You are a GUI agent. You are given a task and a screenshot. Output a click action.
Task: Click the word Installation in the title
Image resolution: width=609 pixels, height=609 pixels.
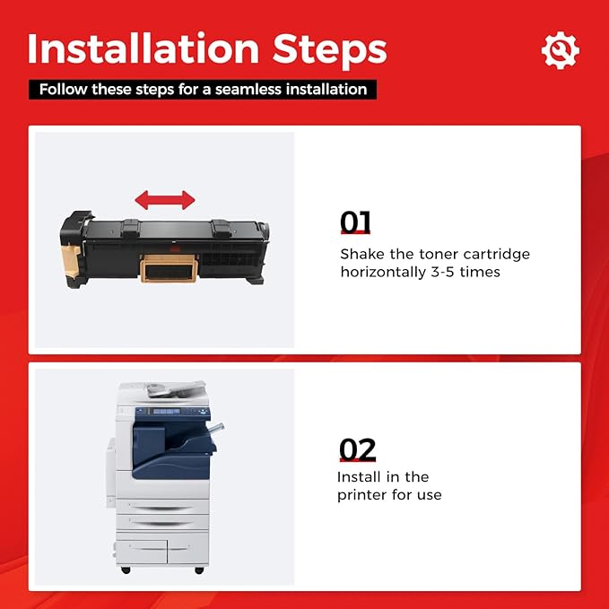[x=144, y=48]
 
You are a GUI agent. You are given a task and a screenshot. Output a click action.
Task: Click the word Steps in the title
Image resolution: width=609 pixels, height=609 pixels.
[x=330, y=51]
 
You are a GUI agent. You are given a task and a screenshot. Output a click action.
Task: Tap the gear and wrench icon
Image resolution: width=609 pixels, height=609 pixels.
[x=561, y=50]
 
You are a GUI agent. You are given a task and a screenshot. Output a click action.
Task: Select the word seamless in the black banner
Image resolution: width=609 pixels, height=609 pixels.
[x=248, y=90]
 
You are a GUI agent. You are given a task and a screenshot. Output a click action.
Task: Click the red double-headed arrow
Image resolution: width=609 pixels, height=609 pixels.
[x=165, y=200]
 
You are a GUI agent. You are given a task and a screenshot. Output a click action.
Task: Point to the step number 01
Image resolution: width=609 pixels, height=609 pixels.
[x=355, y=222]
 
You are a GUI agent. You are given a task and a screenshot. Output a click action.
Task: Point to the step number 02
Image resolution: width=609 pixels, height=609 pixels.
[x=358, y=449]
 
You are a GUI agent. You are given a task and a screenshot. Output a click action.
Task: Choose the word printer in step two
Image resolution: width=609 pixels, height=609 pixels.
[x=362, y=495]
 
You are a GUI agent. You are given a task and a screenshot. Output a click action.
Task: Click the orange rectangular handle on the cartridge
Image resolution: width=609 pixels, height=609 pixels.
[x=169, y=268]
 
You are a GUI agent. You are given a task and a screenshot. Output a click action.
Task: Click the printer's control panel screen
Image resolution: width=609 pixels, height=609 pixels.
[x=166, y=412]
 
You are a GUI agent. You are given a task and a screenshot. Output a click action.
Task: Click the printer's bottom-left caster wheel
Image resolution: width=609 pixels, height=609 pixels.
[x=126, y=570]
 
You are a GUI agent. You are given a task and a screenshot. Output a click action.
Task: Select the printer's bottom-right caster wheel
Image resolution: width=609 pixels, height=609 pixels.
[x=199, y=570]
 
